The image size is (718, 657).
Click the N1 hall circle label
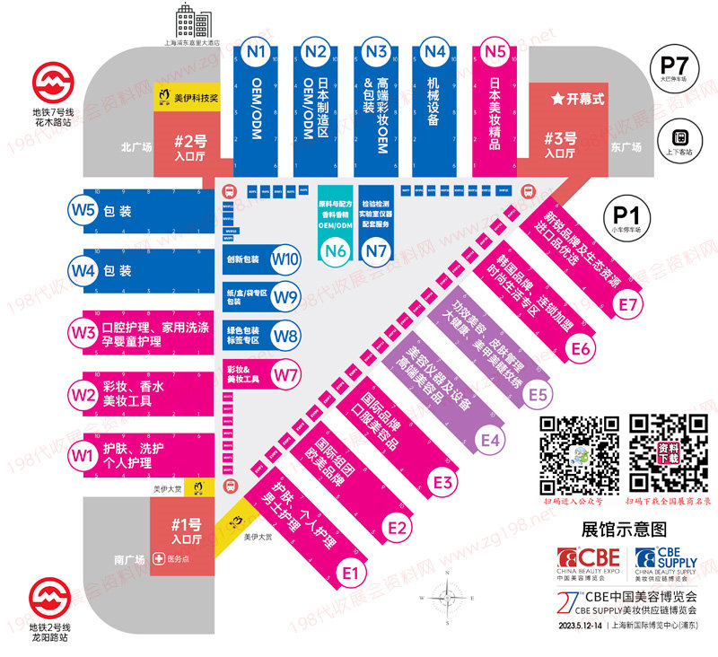256,52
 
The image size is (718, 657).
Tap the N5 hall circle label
495,52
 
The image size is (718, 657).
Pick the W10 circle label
286,259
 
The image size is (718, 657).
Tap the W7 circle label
286,373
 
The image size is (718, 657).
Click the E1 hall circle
350,571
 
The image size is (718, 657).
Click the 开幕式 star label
577,98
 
